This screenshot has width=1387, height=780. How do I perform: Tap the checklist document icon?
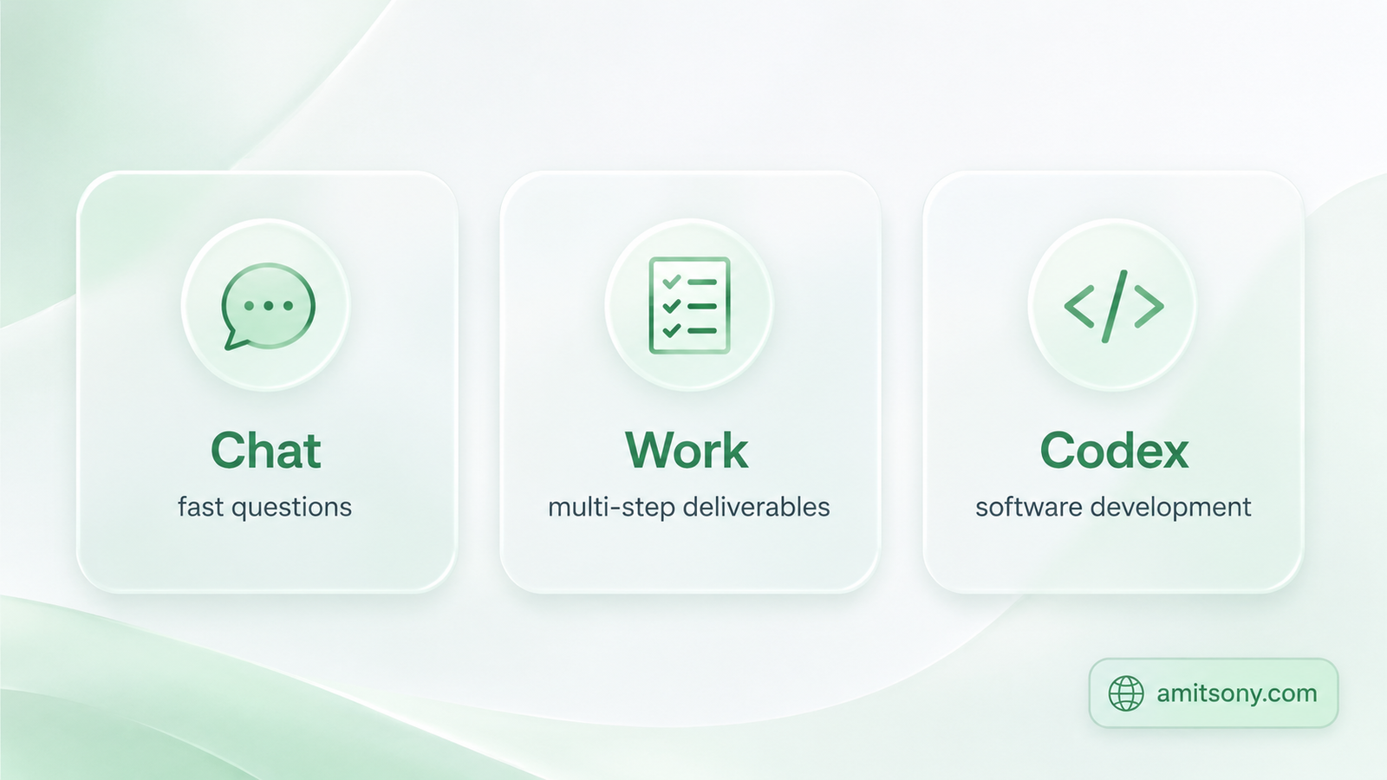coord(689,305)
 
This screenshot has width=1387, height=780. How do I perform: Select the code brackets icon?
coord(1113,306)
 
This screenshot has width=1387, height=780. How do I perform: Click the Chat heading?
coord(265,450)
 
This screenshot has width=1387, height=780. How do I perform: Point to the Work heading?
coord(687,450)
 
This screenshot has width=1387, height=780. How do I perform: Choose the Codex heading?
coord(1114,450)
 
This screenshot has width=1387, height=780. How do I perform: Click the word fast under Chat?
coord(200,507)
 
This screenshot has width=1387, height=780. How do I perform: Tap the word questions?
coord(291,508)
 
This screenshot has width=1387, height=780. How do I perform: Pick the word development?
coord(1171,508)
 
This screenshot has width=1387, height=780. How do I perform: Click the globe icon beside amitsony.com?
coord(1126,693)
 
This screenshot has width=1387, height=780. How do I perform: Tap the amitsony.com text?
coord(1236,693)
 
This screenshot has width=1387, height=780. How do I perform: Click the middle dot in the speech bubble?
coord(268,306)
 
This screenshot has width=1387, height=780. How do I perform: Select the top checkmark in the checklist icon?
coord(671,283)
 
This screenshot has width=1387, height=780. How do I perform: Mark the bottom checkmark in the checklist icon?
coord(671,330)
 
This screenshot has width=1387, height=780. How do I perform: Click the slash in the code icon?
coord(1114,306)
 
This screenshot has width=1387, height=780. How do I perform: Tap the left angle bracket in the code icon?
coord(1078,306)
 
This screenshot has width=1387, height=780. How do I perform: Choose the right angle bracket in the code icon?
coord(1149,306)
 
